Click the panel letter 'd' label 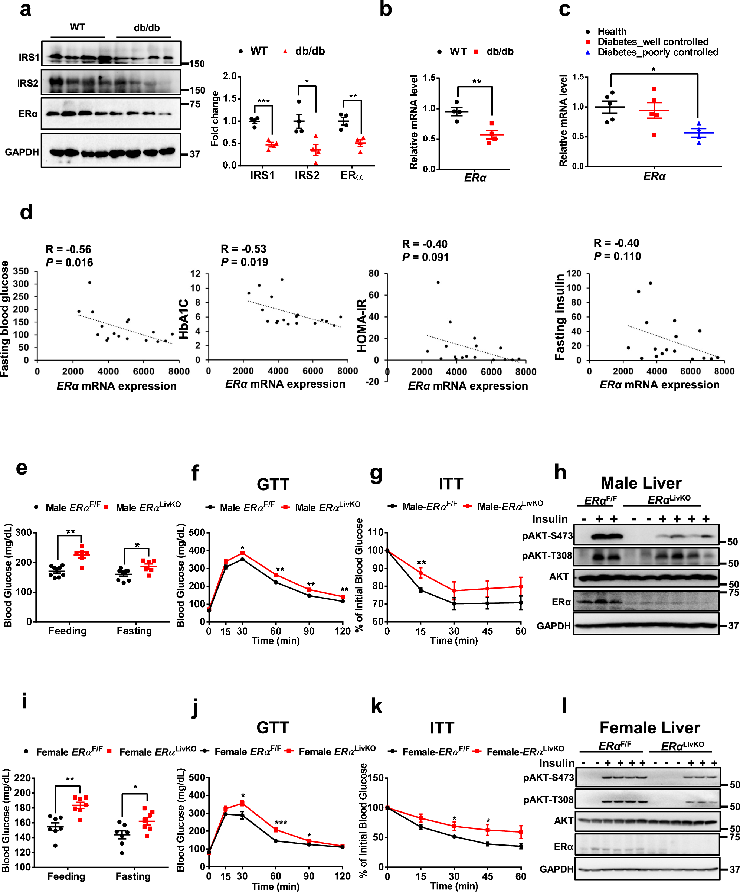26,212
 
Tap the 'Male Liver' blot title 641,483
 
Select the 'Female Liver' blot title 649,727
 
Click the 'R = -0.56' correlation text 68,249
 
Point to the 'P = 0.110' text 617,256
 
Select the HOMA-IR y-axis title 362,325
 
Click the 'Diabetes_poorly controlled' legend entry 657,52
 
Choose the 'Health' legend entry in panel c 611,32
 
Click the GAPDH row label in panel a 22,152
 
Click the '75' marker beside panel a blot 195,104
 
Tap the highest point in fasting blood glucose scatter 89,283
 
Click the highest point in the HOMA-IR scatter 438,283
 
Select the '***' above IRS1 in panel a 263,101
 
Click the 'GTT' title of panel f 273,484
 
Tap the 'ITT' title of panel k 442,728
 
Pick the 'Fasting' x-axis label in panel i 133,876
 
